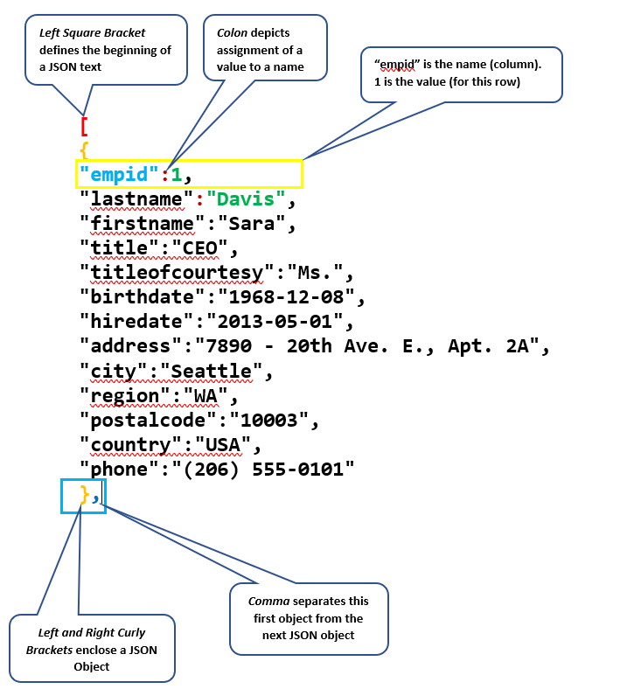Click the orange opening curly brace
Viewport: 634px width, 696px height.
(x=85, y=150)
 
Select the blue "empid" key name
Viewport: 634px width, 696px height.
(x=121, y=175)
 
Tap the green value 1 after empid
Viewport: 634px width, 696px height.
(x=176, y=175)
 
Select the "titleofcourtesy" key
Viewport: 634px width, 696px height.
(x=171, y=273)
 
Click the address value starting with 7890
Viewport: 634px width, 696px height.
(x=371, y=346)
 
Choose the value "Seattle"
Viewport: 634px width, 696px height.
(x=211, y=371)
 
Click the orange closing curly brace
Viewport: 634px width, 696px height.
(x=85, y=495)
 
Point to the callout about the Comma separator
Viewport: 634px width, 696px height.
(x=308, y=618)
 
